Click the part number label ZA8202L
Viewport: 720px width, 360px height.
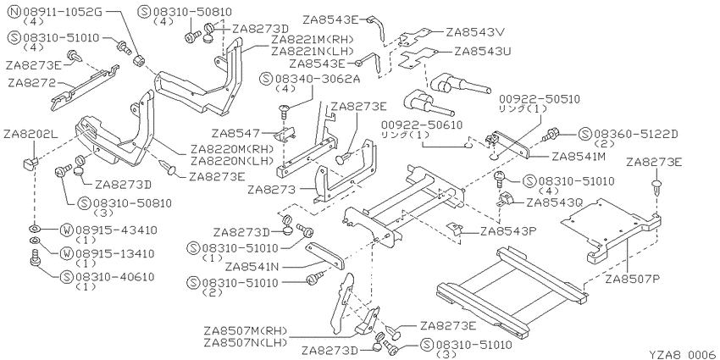31,135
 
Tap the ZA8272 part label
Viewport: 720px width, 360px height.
30,83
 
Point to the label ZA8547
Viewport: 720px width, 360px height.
235,133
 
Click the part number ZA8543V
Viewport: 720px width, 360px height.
475,32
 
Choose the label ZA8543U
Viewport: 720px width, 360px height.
484,52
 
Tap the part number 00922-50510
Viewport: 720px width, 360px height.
540,99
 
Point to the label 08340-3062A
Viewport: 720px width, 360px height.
318,79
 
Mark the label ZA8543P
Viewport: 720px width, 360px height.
509,232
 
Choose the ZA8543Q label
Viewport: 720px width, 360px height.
555,202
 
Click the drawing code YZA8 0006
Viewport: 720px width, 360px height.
683,354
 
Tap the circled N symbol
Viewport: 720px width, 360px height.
14,12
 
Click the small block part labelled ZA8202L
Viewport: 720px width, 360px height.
30,163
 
